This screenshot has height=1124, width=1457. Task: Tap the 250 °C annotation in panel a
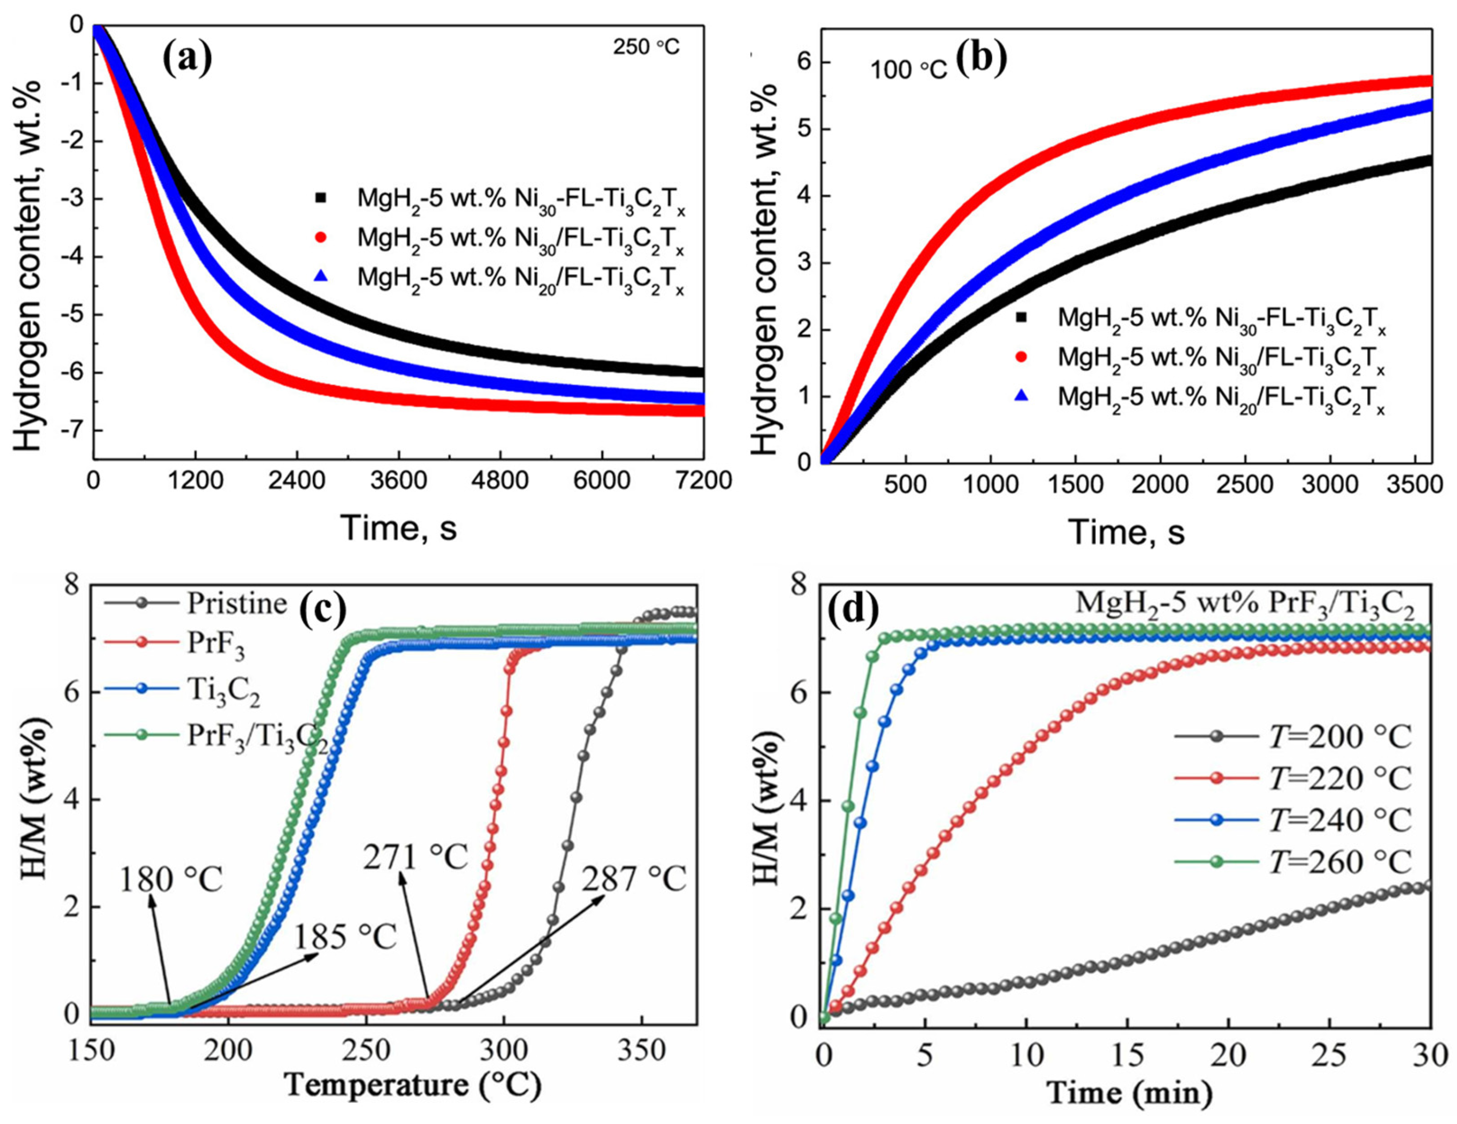click(x=646, y=47)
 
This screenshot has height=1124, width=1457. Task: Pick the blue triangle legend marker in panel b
click(x=1021, y=396)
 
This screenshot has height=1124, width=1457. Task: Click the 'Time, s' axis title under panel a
click(x=399, y=528)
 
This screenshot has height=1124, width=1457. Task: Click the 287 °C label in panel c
click(x=634, y=880)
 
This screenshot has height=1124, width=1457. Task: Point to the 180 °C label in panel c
click(x=170, y=881)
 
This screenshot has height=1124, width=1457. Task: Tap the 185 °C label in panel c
click(x=346, y=937)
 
